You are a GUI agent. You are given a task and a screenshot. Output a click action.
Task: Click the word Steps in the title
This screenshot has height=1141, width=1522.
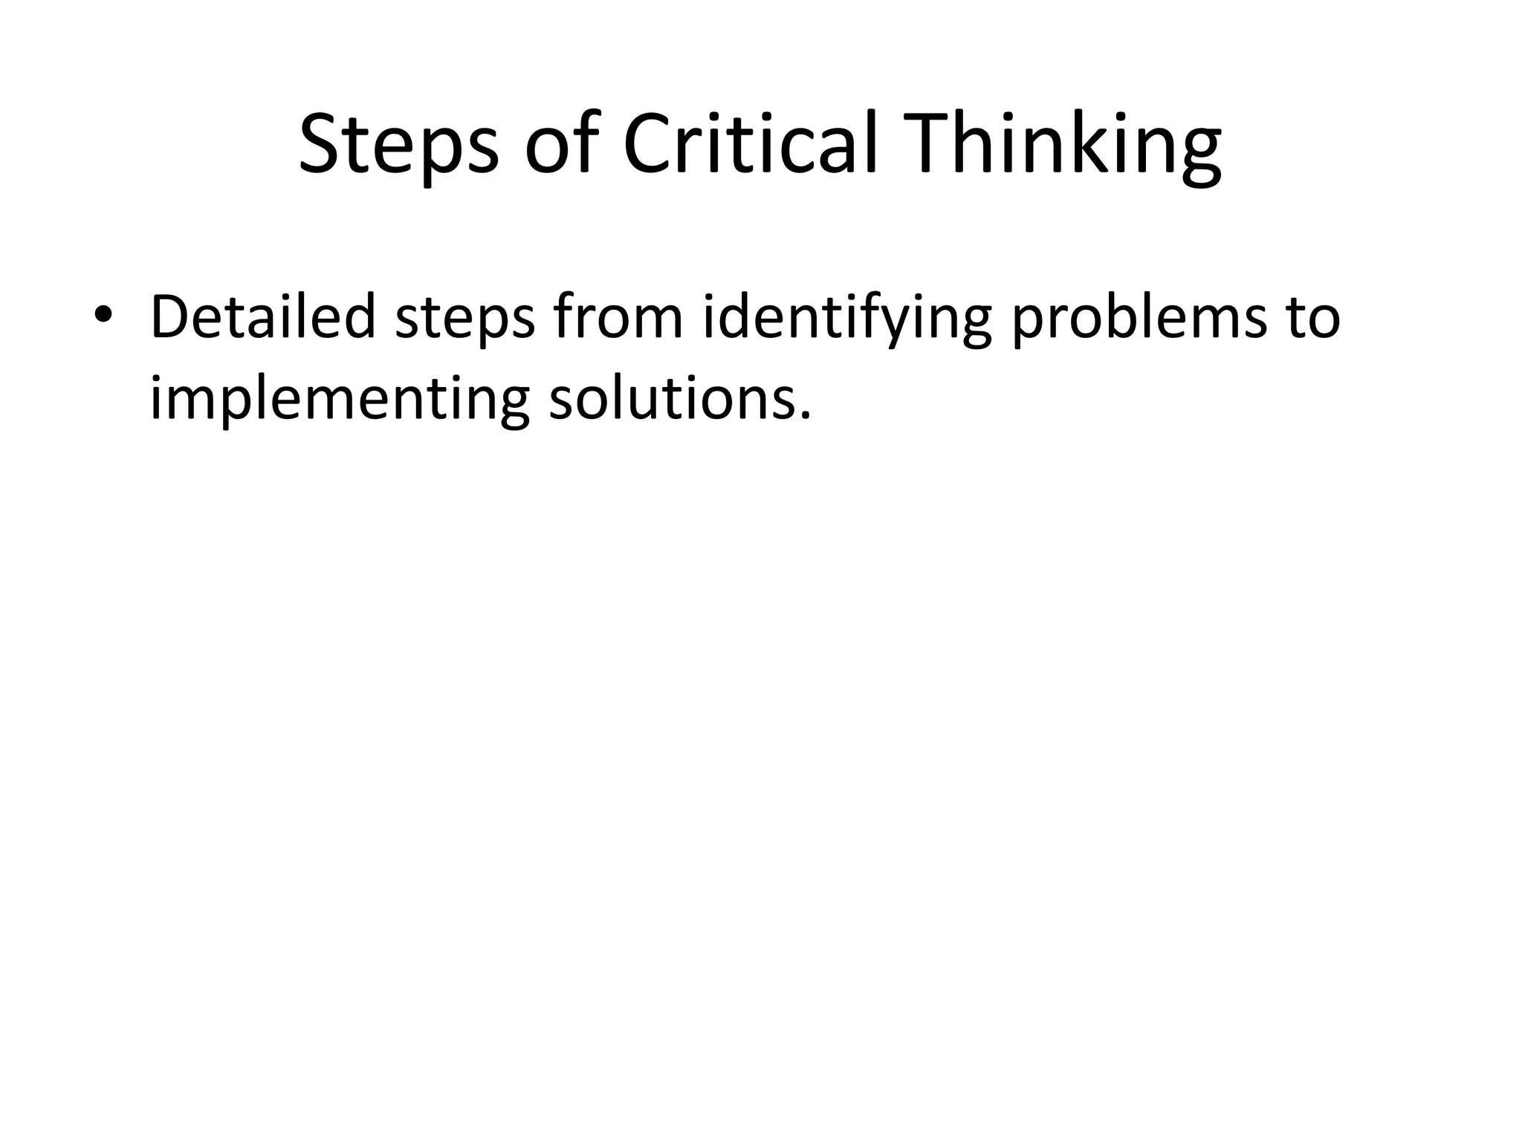point(398,145)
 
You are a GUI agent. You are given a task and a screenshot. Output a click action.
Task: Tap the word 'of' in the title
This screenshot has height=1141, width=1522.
point(561,145)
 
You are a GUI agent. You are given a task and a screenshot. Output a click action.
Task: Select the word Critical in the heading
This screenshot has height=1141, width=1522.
point(751,145)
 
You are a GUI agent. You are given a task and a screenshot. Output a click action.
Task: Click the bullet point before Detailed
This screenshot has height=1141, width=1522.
point(103,314)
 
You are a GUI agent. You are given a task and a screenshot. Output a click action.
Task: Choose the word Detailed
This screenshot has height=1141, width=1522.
point(263,317)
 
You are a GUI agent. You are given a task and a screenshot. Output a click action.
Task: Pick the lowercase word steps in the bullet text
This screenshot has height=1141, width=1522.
point(464,319)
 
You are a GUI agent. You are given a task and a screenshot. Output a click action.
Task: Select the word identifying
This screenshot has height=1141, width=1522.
point(846,319)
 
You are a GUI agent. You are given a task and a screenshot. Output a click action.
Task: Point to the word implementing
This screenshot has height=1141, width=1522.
point(340,401)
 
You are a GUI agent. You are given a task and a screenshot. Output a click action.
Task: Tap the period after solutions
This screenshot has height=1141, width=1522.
point(803,416)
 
